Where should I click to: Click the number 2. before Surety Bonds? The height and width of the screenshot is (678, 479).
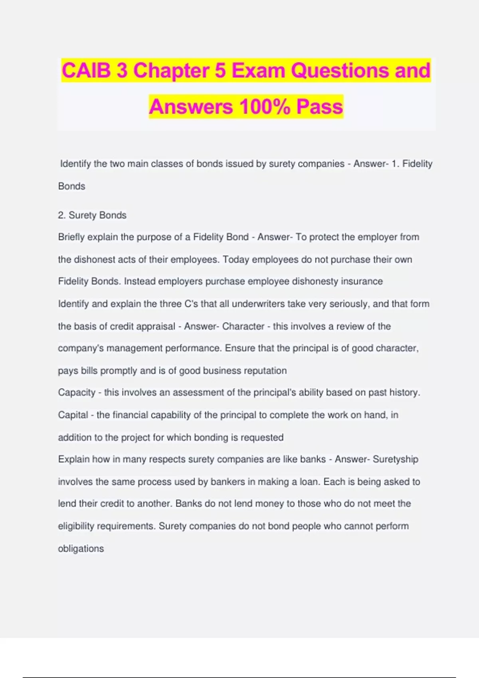61,215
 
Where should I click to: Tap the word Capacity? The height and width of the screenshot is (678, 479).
76,393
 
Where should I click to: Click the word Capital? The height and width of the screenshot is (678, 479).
73,415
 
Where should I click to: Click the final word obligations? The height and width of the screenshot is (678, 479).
81,549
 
